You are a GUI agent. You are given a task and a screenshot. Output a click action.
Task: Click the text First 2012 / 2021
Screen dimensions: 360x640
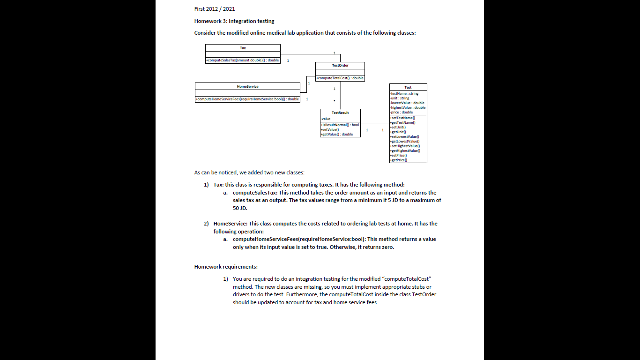click(214, 9)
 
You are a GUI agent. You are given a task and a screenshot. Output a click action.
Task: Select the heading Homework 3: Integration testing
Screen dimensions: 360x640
click(234, 21)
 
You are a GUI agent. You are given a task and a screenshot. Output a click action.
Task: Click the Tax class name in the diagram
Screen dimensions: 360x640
click(243, 48)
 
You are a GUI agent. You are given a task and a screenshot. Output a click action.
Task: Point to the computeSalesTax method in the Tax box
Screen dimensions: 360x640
click(243, 60)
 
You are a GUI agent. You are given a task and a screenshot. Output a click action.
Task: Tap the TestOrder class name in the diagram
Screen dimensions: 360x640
click(340, 66)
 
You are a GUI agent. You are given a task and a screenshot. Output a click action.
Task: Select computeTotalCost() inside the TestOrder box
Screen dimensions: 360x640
click(340, 78)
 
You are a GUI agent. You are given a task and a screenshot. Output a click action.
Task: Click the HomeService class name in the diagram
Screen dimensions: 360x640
click(247, 86)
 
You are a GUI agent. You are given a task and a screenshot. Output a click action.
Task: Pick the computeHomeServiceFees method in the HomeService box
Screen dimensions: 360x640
click(247, 99)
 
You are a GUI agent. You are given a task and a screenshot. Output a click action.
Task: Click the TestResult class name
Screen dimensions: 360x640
click(340, 112)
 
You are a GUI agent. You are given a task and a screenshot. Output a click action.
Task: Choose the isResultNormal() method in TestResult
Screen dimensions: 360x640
click(340, 125)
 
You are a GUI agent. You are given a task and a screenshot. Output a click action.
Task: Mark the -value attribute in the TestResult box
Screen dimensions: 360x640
click(326, 119)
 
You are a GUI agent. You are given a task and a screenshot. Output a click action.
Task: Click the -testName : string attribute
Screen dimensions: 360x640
click(404, 93)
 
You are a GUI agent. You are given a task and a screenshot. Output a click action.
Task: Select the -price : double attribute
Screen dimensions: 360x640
click(402, 112)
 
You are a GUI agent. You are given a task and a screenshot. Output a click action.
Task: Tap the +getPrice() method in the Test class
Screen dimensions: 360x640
click(399, 160)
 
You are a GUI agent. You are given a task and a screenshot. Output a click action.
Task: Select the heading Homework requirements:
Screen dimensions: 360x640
click(226, 267)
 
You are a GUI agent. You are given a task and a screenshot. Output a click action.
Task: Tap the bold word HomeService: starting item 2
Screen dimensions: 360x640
click(230, 224)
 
